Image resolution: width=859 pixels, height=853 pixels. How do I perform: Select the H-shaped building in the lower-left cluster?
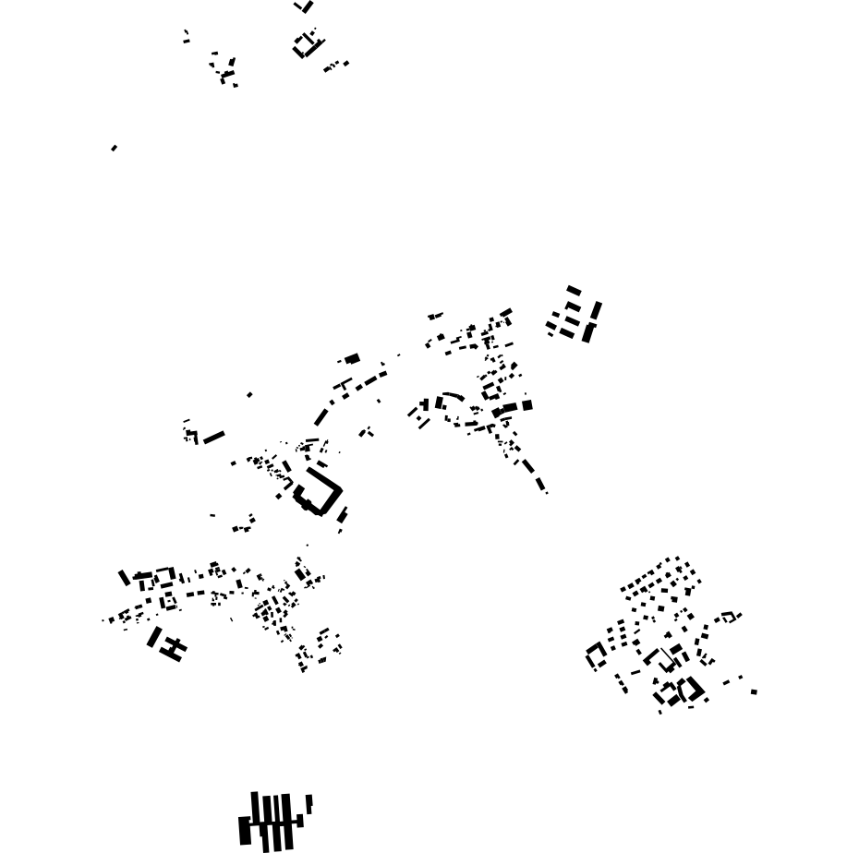point(173,648)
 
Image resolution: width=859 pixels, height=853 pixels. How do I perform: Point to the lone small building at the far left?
point(114,148)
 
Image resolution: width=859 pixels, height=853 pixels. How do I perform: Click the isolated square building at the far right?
point(754,691)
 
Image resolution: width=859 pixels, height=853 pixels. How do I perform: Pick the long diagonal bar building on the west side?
point(214,437)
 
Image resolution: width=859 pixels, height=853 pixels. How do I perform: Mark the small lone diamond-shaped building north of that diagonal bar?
point(249,395)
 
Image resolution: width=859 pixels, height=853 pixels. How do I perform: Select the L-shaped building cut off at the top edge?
point(306,6)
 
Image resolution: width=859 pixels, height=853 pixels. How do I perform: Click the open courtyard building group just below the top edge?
point(306,44)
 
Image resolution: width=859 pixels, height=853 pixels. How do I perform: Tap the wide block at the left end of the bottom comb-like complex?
point(245,830)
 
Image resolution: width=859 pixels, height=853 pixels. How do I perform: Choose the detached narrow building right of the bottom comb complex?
point(309,803)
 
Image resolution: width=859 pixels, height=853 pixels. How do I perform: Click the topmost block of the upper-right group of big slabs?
point(574,291)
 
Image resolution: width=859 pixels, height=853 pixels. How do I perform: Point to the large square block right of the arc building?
point(527,404)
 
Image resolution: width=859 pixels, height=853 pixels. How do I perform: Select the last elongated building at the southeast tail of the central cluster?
point(540,483)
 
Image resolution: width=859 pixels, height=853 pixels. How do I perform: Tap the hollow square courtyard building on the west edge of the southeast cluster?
point(597,655)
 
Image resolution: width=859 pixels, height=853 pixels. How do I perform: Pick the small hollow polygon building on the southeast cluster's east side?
point(728,616)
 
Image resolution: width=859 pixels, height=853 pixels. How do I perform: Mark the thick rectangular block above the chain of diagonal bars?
point(352,359)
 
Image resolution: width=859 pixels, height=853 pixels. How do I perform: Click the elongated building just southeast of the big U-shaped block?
point(343,515)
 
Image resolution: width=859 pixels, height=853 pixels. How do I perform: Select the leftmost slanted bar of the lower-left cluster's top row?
point(124,578)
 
